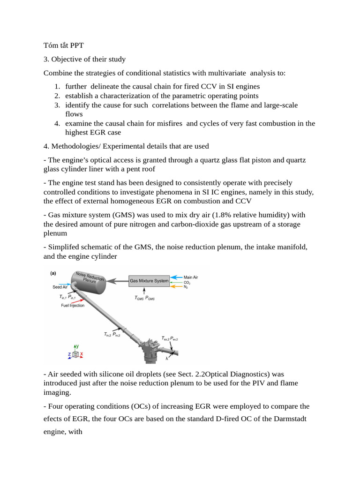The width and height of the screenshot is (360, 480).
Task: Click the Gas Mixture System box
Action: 149,281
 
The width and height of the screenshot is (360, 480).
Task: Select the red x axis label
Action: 82,354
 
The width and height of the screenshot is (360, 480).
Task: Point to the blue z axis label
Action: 69,354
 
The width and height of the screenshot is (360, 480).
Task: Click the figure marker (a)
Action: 53,272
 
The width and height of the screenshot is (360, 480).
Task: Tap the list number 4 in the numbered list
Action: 57,123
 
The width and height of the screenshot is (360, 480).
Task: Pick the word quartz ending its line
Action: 295,160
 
